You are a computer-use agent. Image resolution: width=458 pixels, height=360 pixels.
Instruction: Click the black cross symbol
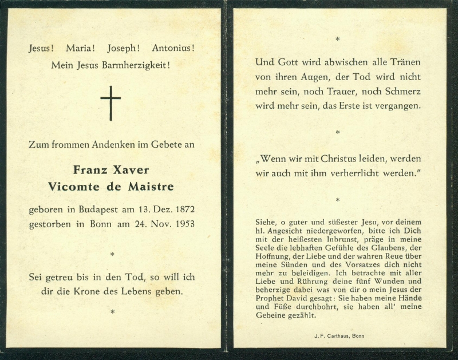(x=110, y=103)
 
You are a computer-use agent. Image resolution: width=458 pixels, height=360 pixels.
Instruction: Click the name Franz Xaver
(x=111, y=170)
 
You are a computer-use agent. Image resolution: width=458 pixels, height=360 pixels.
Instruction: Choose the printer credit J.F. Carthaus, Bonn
(x=339, y=336)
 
